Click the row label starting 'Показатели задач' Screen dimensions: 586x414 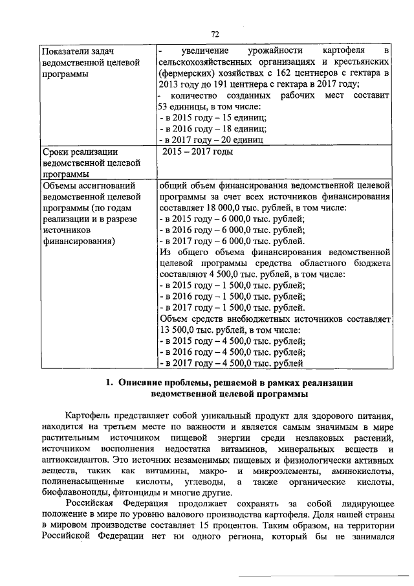[76, 51]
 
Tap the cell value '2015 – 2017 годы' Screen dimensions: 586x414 [197, 152]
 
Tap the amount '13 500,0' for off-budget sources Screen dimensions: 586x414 [175, 330]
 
